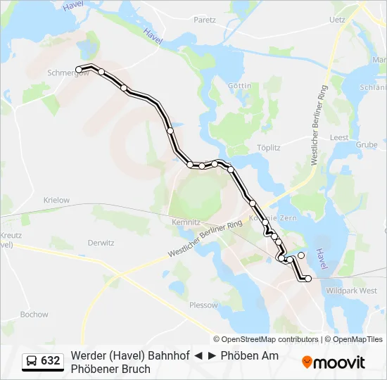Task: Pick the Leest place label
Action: pyautogui.click(x=339, y=137)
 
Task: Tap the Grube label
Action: pyautogui.click(x=366, y=144)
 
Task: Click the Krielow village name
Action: pyautogui.click(x=56, y=200)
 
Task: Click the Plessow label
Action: pyautogui.click(x=203, y=305)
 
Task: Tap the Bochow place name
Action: pyautogui.click(x=34, y=315)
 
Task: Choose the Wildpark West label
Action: pyautogui.click(x=353, y=290)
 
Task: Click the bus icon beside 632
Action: pyautogui.click(x=32, y=361)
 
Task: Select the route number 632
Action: pyautogui.click(x=51, y=361)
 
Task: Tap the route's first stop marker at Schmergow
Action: pyautogui.click(x=79, y=69)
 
